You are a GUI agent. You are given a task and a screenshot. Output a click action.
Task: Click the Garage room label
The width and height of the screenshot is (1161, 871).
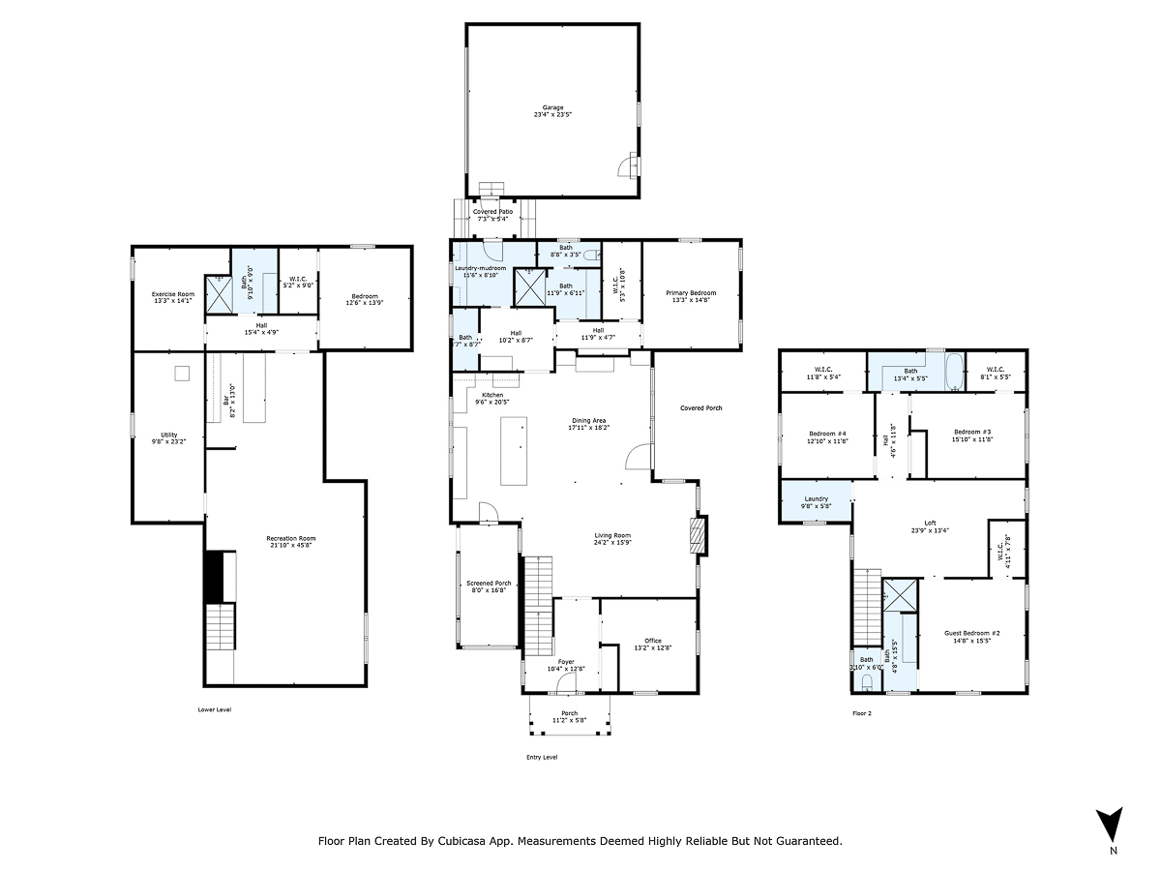552,107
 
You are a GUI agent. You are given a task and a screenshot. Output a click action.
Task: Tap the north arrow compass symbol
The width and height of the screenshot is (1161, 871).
1113,825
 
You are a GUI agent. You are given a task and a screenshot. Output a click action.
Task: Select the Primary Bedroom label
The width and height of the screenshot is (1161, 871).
691,292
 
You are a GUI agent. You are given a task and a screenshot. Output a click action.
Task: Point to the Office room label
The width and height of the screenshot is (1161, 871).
653,641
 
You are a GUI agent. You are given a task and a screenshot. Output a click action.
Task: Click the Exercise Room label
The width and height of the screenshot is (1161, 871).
172,293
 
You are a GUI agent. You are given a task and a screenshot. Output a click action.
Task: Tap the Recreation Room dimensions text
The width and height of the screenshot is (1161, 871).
291,546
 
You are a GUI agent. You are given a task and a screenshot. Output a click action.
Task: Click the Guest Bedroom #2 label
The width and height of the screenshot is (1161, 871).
971,633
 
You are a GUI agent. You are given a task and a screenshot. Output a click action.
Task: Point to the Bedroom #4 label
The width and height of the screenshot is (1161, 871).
827,432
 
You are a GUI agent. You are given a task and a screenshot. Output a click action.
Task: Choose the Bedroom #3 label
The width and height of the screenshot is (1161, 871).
972,432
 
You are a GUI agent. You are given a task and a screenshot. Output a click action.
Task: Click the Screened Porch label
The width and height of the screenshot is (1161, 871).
489,584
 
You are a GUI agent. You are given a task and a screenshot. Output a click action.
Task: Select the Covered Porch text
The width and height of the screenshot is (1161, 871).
700,408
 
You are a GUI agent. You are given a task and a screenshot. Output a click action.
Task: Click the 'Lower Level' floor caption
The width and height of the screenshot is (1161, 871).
214,709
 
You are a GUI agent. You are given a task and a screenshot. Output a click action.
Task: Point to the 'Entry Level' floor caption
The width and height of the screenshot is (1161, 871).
542,757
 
